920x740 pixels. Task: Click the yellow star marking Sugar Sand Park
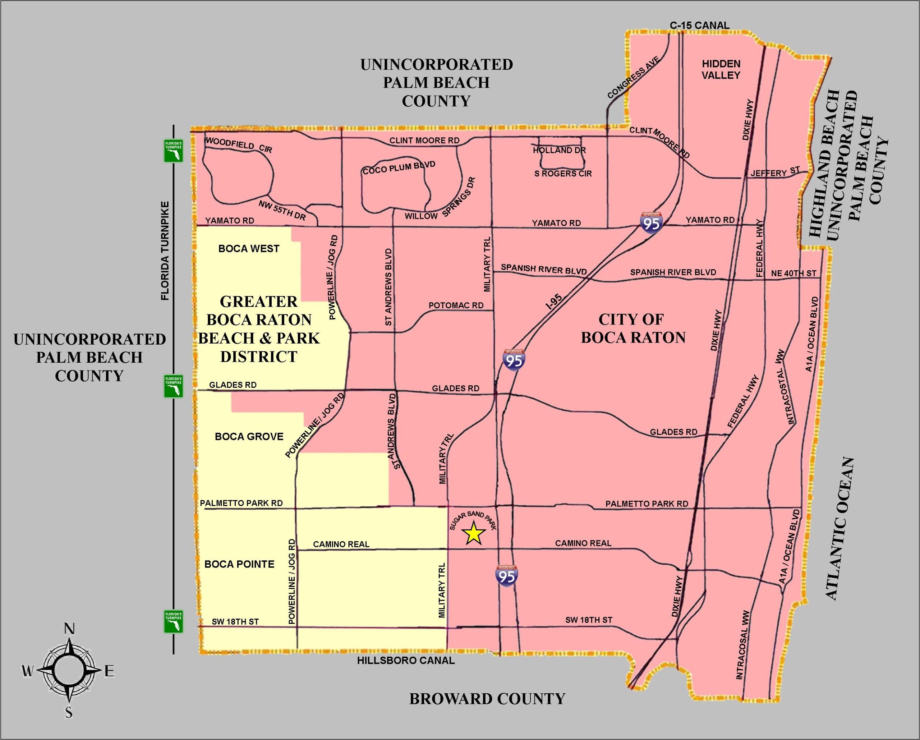pos(474,534)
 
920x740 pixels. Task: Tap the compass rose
pos(68,671)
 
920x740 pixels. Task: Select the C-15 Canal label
pos(699,26)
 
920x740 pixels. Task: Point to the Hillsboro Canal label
pos(406,661)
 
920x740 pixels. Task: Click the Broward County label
pos(487,699)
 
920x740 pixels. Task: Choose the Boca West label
pos(249,249)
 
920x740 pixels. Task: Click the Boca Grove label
pos(249,437)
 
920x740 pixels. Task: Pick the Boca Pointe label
pos(239,564)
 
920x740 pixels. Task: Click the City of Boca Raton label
pos(633,328)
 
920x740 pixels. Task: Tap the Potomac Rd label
pos(456,305)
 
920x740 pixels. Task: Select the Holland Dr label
pos(559,150)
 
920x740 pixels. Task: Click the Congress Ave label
pos(633,77)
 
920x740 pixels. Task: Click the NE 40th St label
pos(794,273)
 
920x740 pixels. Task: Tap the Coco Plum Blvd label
pos(399,168)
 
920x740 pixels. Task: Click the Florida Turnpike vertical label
pos(165,251)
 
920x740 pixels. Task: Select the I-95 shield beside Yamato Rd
pos(652,222)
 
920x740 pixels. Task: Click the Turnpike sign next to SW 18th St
pos(174,621)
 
